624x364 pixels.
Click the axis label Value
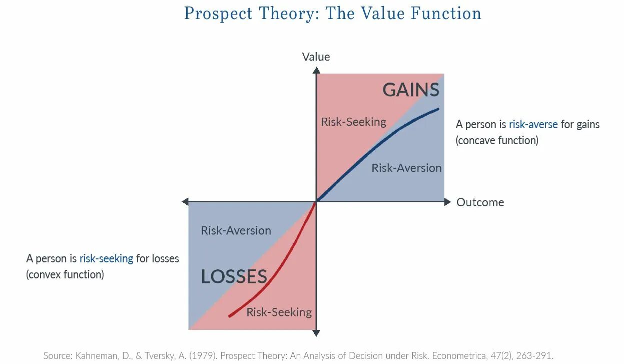316,57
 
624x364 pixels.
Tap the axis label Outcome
480,202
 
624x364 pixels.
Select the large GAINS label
411,90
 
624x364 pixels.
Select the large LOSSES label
234,276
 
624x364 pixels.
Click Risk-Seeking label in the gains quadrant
353,122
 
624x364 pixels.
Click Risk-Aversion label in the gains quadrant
406,168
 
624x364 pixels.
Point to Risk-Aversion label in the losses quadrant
236,230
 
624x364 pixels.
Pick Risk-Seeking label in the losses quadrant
279,312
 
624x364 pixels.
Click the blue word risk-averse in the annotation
533,124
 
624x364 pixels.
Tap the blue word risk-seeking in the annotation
106,258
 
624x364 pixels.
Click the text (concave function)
497,140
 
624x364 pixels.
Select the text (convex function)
65,274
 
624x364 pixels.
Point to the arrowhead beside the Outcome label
447,202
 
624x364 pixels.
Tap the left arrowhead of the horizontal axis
185,202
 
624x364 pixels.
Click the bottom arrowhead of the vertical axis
316,332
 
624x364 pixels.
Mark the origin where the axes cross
316,202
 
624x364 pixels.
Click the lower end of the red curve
230,316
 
